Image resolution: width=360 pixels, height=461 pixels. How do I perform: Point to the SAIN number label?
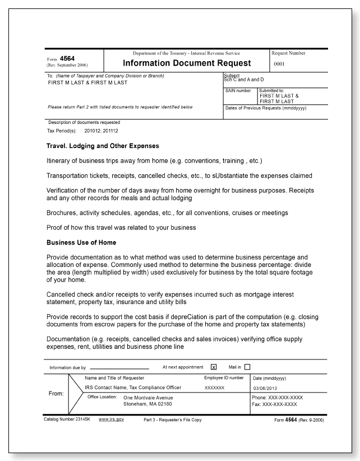[x=238, y=90]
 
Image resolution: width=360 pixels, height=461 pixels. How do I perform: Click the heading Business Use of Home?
[x=82, y=242]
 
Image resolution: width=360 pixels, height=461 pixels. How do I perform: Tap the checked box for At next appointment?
[x=213, y=367]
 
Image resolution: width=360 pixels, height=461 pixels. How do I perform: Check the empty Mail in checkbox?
[x=248, y=367]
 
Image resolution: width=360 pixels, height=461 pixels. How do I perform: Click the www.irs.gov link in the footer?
[x=111, y=419]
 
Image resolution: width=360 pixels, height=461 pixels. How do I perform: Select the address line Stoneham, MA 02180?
[x=147, y=403]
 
